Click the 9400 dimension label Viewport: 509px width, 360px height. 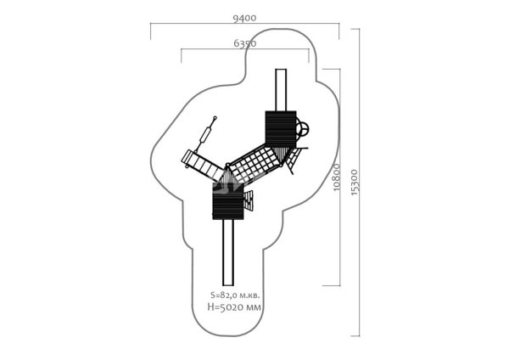pos(244,18)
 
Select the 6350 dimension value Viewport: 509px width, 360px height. pos(245,43)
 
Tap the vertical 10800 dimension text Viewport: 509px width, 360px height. pos(336,177)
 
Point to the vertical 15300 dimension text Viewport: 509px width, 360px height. pos(355,183)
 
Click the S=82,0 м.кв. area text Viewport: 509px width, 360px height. pos(235,295)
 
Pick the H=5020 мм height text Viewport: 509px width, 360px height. pos(234,307)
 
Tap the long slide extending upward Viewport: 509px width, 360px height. pos(281,90)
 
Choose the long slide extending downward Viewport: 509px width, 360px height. pos(228,252)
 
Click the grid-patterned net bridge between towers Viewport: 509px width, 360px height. pos(255,165)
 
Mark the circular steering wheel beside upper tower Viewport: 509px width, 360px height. pos(303,129)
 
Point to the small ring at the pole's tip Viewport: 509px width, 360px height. pos(215,118)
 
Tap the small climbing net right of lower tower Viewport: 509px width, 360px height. pos(249,201)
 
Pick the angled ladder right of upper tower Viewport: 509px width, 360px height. pos(294,160)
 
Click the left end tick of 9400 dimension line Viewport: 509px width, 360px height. pos(151,31)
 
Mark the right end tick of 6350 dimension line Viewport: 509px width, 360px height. pos(309,55)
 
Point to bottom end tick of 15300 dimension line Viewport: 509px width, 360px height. pos(355,335)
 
